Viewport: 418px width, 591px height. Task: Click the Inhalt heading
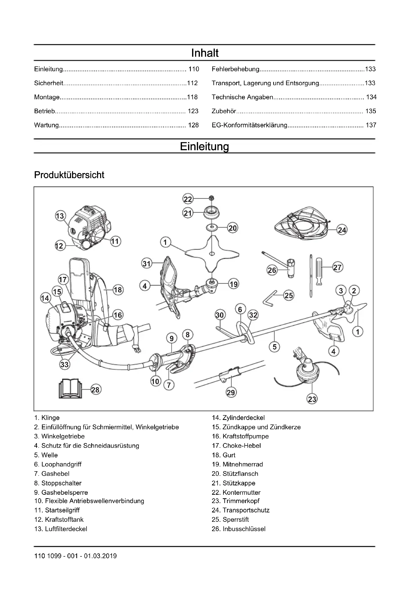205,53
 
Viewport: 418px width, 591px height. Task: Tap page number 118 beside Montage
192,97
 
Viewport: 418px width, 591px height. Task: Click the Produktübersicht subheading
69,175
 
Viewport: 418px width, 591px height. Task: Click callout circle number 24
342,230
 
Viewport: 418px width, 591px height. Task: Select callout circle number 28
95,389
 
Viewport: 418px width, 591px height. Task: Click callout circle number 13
60,216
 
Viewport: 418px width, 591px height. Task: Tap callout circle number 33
64,364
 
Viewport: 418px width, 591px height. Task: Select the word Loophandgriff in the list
61,464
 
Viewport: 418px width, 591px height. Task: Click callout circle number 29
231,392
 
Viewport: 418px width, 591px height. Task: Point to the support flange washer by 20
212,228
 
